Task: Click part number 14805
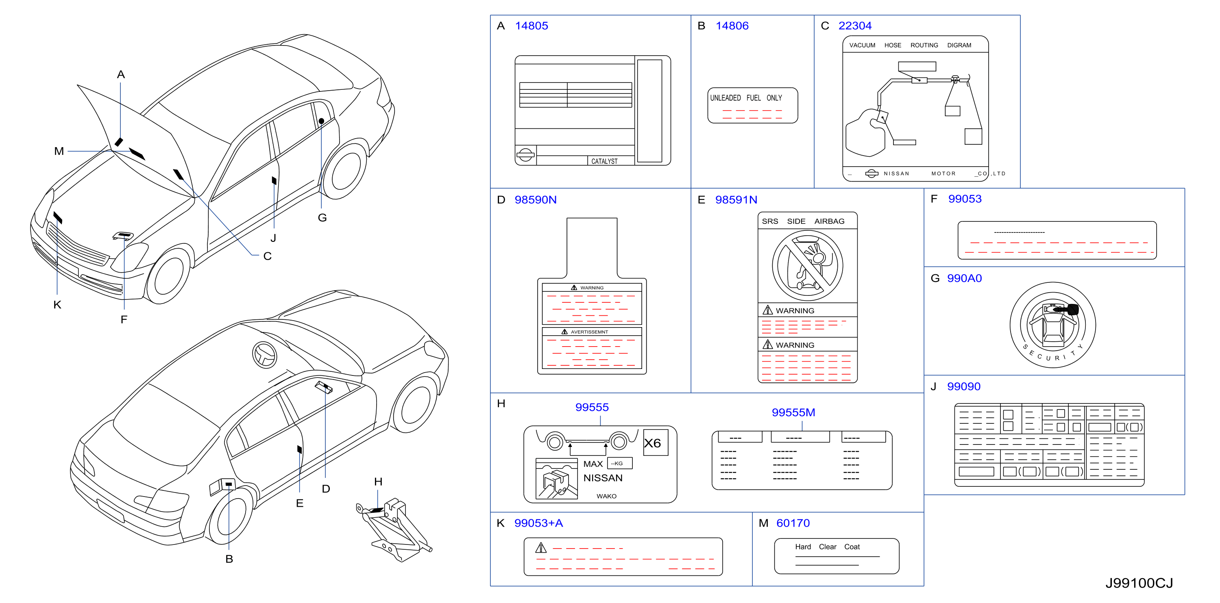coord(532,26)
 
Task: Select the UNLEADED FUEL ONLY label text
coord(746,98)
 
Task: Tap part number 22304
coord(855,26)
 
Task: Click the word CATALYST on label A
coord(604,161)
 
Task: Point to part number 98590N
coord(536,200)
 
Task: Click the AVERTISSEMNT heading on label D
coord(589,332)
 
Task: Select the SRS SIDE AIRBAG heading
coord(803,221)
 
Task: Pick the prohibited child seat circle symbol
coord(808,265)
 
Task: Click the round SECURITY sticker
coord(1053,325)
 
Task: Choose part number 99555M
coord(793,412)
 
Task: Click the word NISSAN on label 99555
coord(603,478)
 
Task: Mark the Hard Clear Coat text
coord(828,547)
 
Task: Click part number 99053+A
coord(538,523)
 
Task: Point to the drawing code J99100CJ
coord(1139,583)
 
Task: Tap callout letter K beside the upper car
coord(57,305)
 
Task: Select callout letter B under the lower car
coord(229,559)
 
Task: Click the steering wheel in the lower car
coord(265,354)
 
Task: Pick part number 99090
coord(963,387)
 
